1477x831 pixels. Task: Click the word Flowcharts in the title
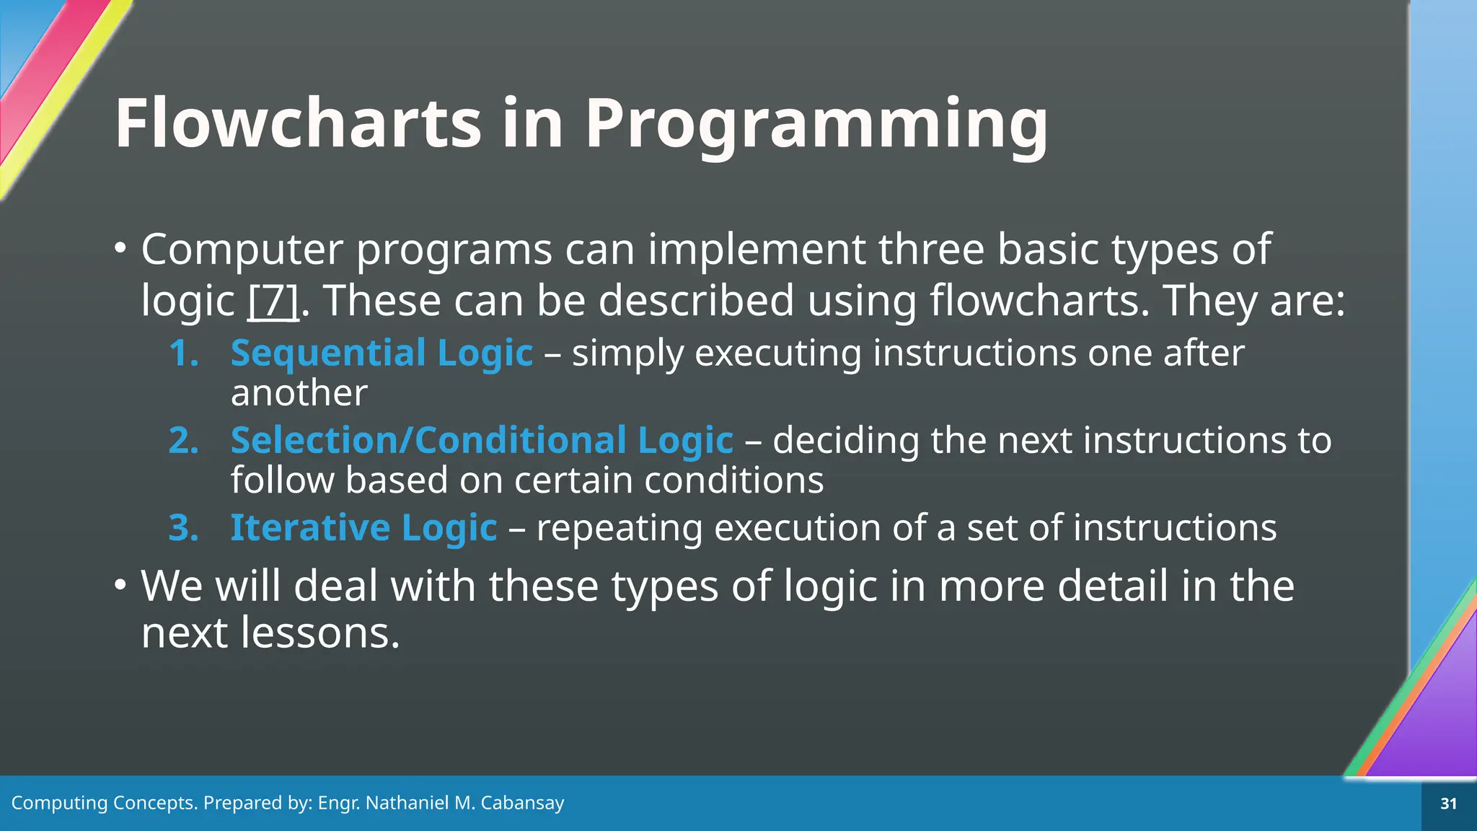click(x=298, y=123)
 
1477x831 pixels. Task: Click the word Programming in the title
click(x=816, y=125)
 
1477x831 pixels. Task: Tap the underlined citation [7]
click(x=273, y=301)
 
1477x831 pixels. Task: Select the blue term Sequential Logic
click(x=382, y=353)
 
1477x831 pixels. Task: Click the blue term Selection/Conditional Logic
click(x=482, y=441)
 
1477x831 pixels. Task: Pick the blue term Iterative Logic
click(x=363, y=528)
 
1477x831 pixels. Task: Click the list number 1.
click(x=183, y=354)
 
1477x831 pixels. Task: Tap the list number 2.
click(x=183, y=441)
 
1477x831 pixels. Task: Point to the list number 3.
click(x=183, y=528)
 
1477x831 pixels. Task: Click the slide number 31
click(x=1448, y=804)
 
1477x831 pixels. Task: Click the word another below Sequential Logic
click(x=299, y=393)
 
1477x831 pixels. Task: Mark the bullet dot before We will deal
click(x=120, y=584)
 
